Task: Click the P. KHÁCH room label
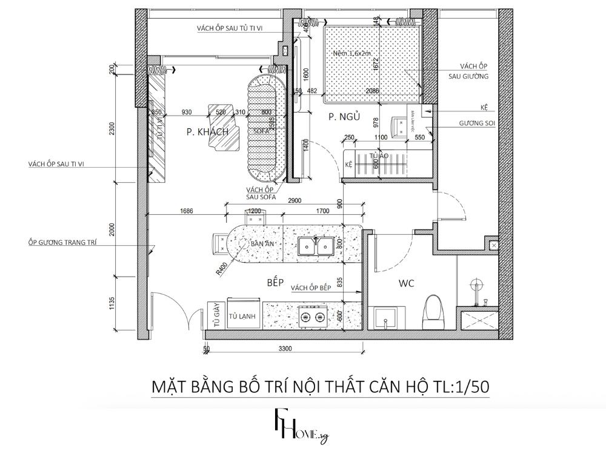(x=207, y=131)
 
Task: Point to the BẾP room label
(x=276, y=283)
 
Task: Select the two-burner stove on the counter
(x=313, y=315)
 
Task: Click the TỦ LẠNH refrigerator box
(x=242, y=316)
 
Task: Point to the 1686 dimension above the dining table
(x=187, y=211)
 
